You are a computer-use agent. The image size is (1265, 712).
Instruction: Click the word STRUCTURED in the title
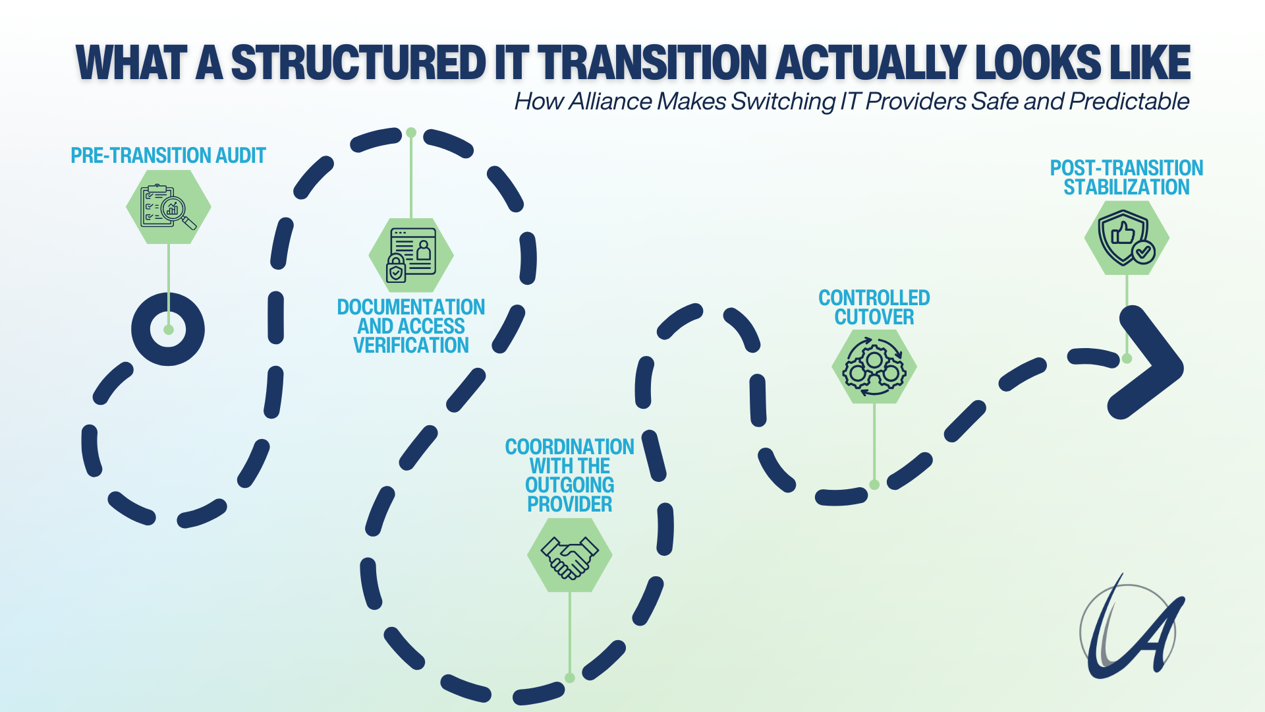point(358,63)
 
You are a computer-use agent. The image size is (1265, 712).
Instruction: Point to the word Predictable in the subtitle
point(1129,102)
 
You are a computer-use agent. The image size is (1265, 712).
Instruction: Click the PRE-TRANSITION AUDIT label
point(168,156)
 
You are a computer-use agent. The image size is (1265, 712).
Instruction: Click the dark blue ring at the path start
point(168,329)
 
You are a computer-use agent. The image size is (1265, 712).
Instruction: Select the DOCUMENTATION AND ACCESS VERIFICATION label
point(411,326)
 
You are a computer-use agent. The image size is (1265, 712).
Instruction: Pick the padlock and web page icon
point(411,255)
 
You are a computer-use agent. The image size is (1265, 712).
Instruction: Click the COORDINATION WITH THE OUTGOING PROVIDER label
point(570,475)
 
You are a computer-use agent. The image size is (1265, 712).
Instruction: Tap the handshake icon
point(570,555)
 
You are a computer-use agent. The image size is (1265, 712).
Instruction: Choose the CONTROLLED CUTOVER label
point(874,307)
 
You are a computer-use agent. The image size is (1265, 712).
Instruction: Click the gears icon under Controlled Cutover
point(874,367)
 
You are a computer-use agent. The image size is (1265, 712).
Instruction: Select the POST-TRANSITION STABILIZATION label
point(1127,177)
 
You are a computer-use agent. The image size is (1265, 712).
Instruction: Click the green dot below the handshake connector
point(570,678)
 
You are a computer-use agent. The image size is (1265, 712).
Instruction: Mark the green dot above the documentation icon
point(411,133)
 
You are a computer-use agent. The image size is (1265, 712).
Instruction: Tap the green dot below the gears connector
point(874,485)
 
